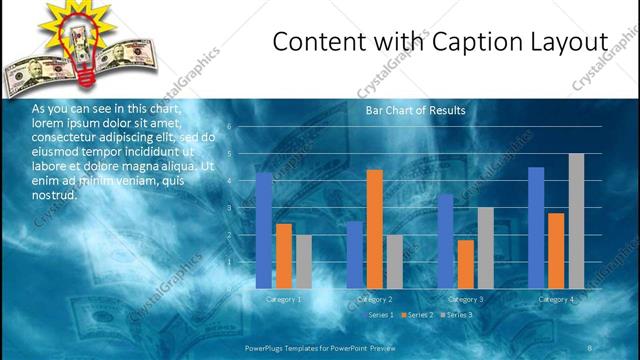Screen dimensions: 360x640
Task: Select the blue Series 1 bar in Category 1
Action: click(263, 230)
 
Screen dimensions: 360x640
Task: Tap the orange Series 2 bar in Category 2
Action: click(374, 229)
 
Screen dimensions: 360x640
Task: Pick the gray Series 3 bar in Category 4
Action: click(576, 221)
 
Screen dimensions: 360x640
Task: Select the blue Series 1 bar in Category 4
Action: click(536, 227)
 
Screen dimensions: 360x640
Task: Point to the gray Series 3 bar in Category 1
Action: click(303, 261)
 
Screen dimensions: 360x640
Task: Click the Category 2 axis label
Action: click(374, 299)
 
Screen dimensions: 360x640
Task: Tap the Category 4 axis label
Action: click(556, 299)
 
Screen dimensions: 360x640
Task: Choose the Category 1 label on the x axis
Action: click(283, 299)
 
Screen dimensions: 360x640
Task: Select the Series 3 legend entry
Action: click(459, 315)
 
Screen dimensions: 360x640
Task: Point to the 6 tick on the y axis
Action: click(230, 127)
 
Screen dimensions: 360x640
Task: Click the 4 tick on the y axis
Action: click(230, 181)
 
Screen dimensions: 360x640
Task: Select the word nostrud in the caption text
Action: click(54, 194)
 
